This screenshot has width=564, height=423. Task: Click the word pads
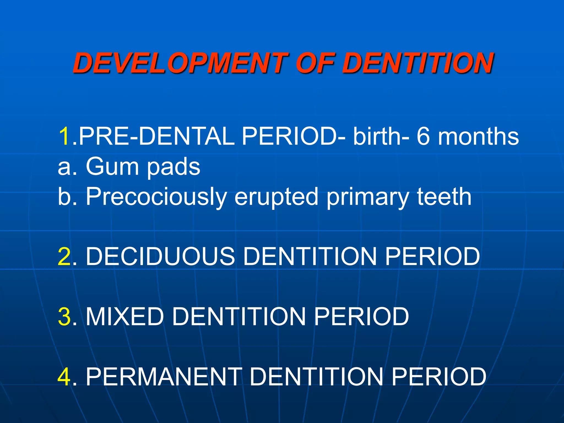pyautogui.click(x=173, y=167)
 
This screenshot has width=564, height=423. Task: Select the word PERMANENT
pyautogui.click(x=164, y=376)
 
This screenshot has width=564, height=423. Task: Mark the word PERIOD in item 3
pyautogui.click(x=361, y=316)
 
